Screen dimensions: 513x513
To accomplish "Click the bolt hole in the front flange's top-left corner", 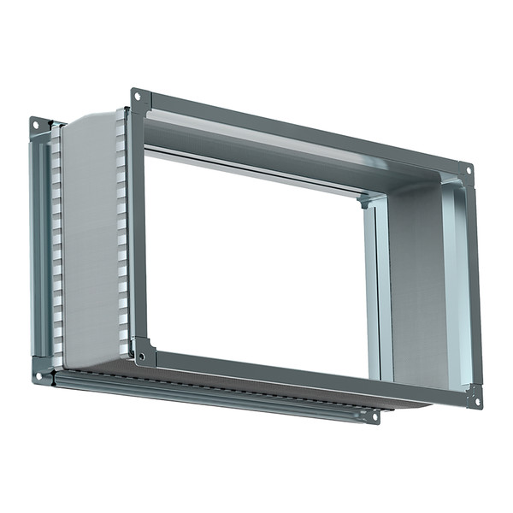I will point(137,97).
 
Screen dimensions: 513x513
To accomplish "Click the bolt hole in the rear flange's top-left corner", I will point(36,125).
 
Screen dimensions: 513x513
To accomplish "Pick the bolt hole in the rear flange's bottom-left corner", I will point(39,373).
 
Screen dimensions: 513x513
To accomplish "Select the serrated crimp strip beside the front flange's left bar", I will point(122,231).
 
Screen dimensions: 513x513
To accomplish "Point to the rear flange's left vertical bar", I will point(38,248).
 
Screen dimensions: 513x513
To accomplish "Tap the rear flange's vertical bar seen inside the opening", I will point(369,291).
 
